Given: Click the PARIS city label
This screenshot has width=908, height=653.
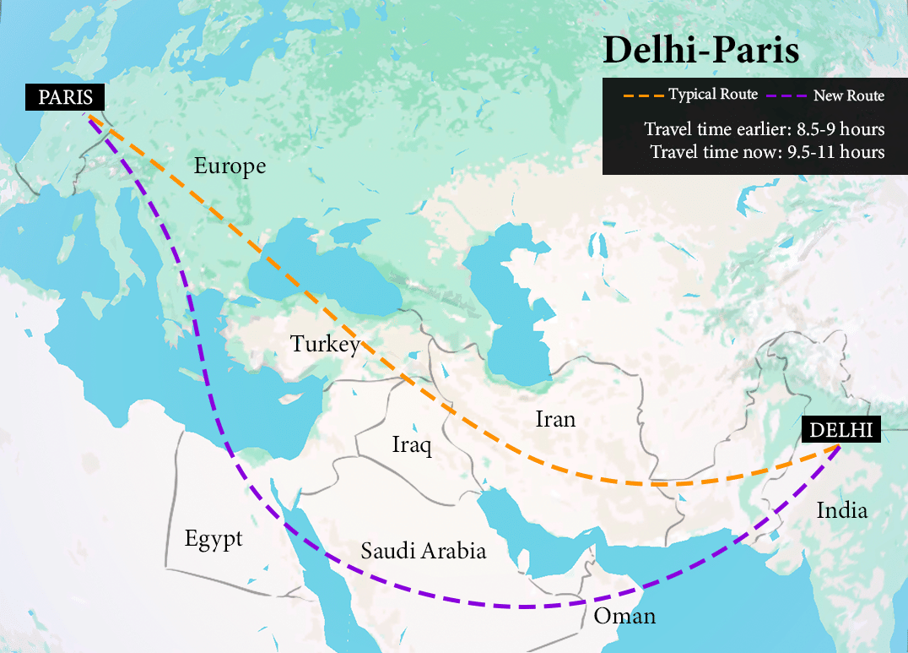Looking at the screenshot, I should point(64,97).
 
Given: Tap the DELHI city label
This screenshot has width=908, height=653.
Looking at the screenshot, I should point(840,429).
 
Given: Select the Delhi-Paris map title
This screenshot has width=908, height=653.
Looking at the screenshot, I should point(700,52).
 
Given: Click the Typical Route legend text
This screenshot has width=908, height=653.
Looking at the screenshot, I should point(713,95).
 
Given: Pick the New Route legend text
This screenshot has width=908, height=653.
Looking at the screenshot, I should point(848,95).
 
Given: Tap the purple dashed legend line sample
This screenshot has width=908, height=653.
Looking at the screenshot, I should point(786,95).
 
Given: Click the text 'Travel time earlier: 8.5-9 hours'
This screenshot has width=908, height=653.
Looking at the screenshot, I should point(765,129).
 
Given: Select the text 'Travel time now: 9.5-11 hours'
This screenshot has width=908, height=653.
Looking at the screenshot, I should point(767,152).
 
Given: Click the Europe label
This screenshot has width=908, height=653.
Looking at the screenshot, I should point(230,166).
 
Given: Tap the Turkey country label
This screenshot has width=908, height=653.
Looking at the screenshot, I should point(325,345).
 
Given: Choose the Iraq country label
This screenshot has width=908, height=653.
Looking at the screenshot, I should point(412,445).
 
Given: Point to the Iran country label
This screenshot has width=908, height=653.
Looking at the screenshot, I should point(555,418).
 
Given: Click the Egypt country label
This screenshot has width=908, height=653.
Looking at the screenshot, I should point(213,539).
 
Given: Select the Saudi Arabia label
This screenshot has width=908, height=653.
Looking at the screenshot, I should point(424,552).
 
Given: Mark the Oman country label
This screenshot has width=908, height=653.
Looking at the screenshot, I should point(624,616).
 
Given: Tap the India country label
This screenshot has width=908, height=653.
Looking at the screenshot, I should point(841,510).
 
